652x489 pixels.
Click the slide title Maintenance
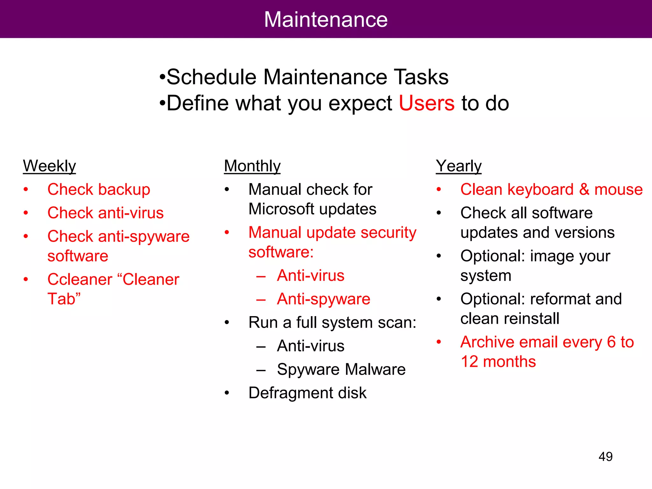pos(326,19)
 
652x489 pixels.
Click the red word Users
pos(427,103)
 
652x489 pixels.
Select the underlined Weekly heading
pos(49,166)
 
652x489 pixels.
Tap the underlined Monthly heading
pos(252,166)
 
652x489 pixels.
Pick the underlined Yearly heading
pos(458,166)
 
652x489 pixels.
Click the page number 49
pos(606,457)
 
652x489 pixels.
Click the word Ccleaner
pos(80,280)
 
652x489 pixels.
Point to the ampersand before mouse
pos(584,189)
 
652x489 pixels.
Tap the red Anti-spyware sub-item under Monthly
pos(323,299)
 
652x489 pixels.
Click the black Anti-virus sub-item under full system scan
pos(310,346)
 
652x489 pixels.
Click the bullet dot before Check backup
pos(26,190)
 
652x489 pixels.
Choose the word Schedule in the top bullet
pos(211,77)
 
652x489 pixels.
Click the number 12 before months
pos(469,362)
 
